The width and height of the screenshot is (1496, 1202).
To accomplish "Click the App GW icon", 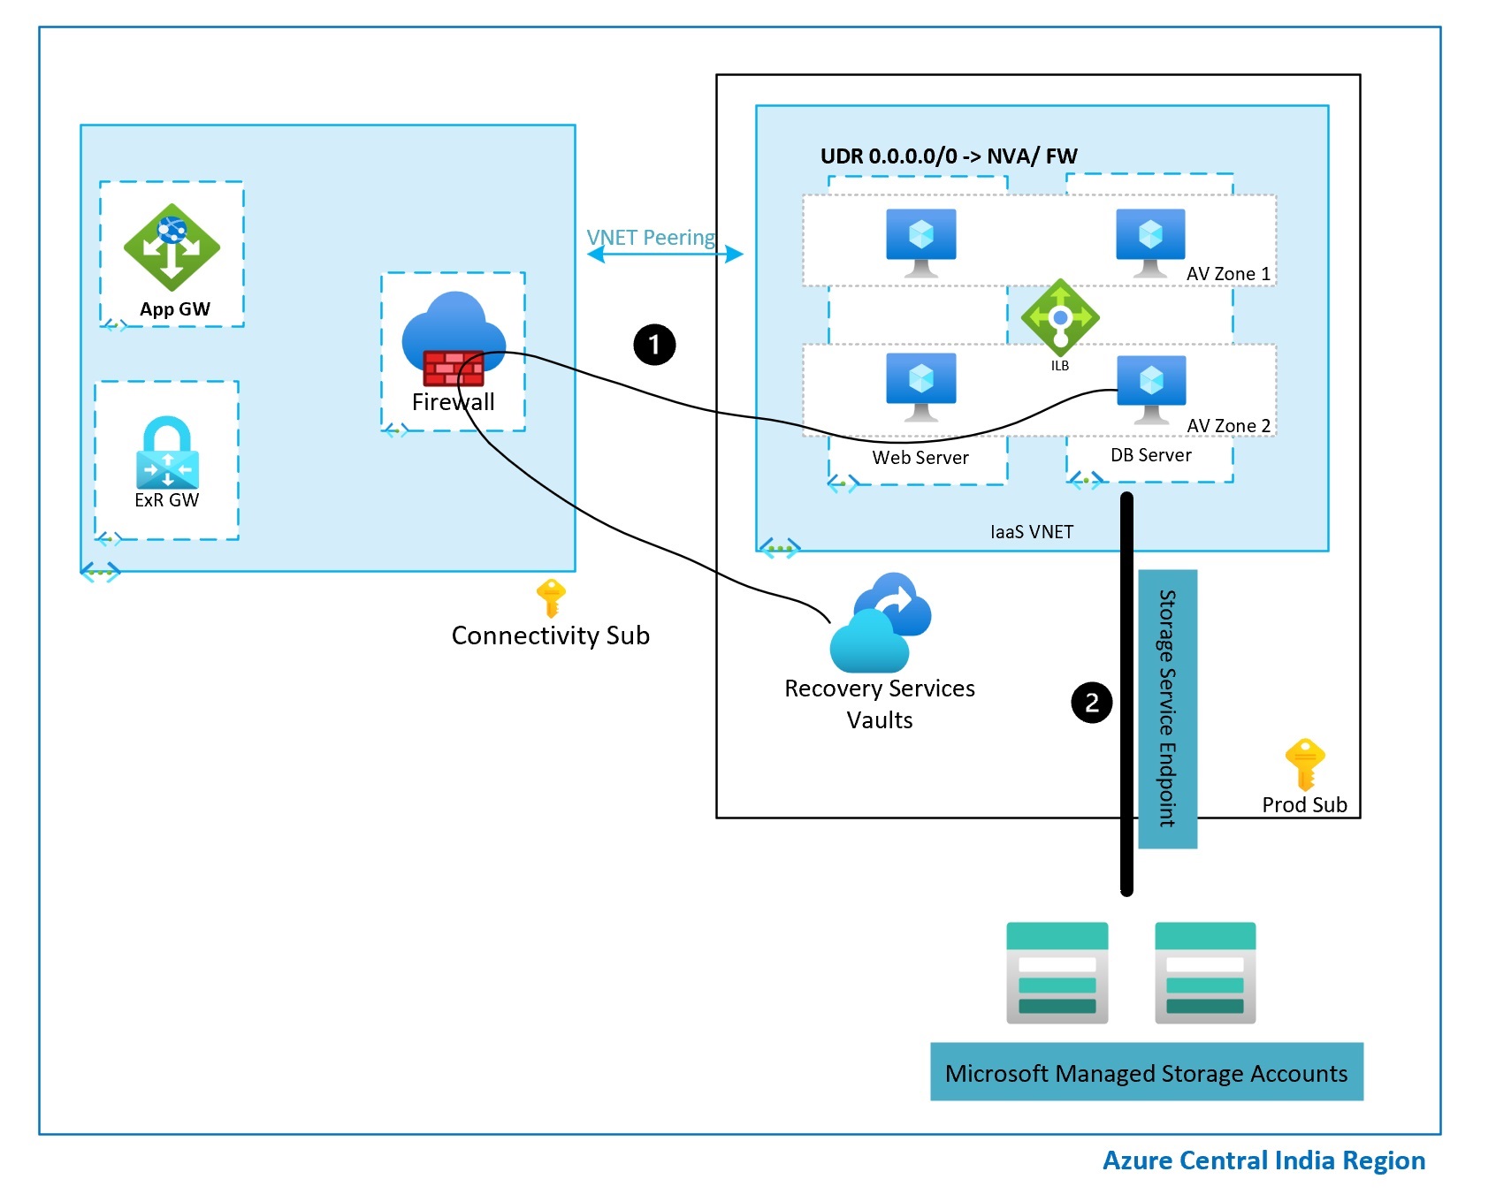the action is click(172, 247).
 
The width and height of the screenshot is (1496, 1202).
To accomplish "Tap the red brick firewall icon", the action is click(454, 368).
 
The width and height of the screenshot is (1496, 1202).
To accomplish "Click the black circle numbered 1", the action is click(654, 345).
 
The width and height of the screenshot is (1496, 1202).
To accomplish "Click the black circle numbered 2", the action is click(1092, 703).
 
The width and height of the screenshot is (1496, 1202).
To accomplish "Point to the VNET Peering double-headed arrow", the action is click(665, 255).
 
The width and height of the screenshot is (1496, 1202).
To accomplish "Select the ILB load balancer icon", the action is click(1060, 317).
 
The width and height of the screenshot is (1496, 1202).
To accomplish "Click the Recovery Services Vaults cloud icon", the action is click(881, 622).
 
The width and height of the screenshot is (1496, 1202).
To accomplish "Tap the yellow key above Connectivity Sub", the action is click(551, 598).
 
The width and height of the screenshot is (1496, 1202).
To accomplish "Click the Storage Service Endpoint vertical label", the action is click(1167, 709).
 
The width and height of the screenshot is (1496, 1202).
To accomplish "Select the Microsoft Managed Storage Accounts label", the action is click(1147, 1072).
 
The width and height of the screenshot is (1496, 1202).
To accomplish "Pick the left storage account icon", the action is click(1057, 973).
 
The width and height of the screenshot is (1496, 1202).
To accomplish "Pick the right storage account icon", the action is click(1205, 973).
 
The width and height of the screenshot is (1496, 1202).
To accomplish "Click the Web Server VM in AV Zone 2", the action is click(921, 387).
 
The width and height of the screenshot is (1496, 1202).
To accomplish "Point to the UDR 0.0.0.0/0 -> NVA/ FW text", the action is click(949, 156).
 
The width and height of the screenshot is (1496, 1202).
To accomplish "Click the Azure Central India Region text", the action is click(1263, 1160).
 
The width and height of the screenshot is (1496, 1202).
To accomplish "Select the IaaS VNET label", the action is click(1032, 532).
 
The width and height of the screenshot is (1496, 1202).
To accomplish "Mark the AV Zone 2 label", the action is click(1229, 426).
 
